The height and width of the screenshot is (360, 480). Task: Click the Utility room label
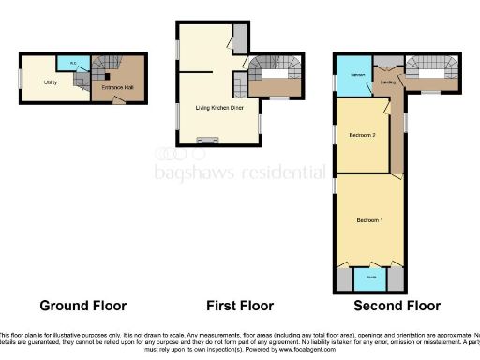[x=50, y=82]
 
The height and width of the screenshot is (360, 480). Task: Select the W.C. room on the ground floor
[x=73, y=64]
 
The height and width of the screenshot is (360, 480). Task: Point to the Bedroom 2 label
[x=362, y=136]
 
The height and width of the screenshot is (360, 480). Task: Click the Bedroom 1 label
[x=368, y=220]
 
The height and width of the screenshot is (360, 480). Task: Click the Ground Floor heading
[x=82, y=306]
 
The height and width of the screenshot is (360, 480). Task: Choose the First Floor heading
[x=239, y=306]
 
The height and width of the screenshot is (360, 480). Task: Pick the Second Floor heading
[x=397, y=306]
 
